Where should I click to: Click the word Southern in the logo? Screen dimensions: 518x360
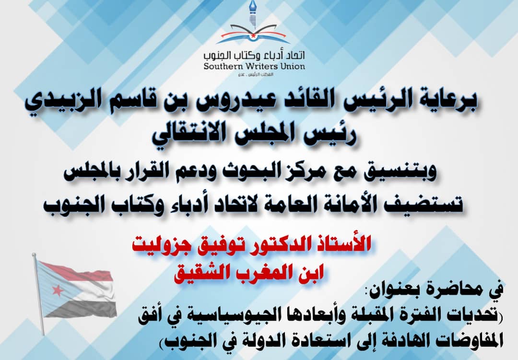(x=222, y=66)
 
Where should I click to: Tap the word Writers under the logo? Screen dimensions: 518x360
(x=259, y=66)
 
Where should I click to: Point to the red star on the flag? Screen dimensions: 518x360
(x=58, y=290)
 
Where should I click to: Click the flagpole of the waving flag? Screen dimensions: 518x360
(x=38, y=294)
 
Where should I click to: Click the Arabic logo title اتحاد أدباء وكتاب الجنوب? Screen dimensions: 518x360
(x=254, y=55)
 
